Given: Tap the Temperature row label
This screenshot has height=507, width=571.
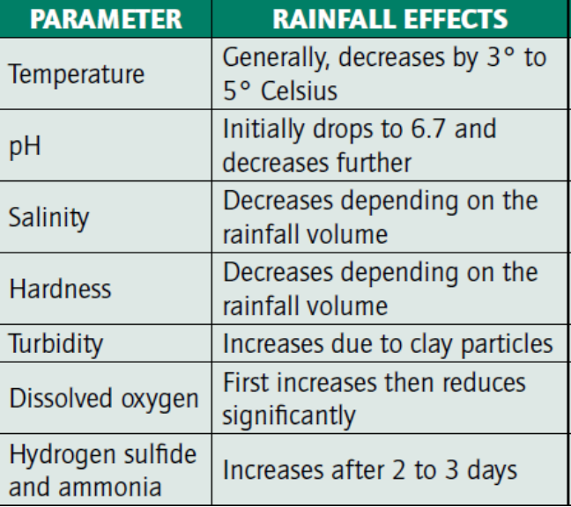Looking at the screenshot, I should click(x=77, y=74).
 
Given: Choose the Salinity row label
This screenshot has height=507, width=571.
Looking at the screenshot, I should click(x=48, y=217).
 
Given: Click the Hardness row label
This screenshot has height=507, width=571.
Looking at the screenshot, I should click(x=60, y=288).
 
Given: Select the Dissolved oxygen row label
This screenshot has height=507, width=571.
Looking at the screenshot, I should click(x=104, y=398).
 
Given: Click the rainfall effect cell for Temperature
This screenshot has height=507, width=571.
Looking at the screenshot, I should click(x=384, y=74).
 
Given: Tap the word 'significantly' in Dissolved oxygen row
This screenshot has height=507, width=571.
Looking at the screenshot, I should click(x=288, y=415).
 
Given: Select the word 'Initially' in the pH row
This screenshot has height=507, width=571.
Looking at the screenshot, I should click(x=261, y=129).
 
